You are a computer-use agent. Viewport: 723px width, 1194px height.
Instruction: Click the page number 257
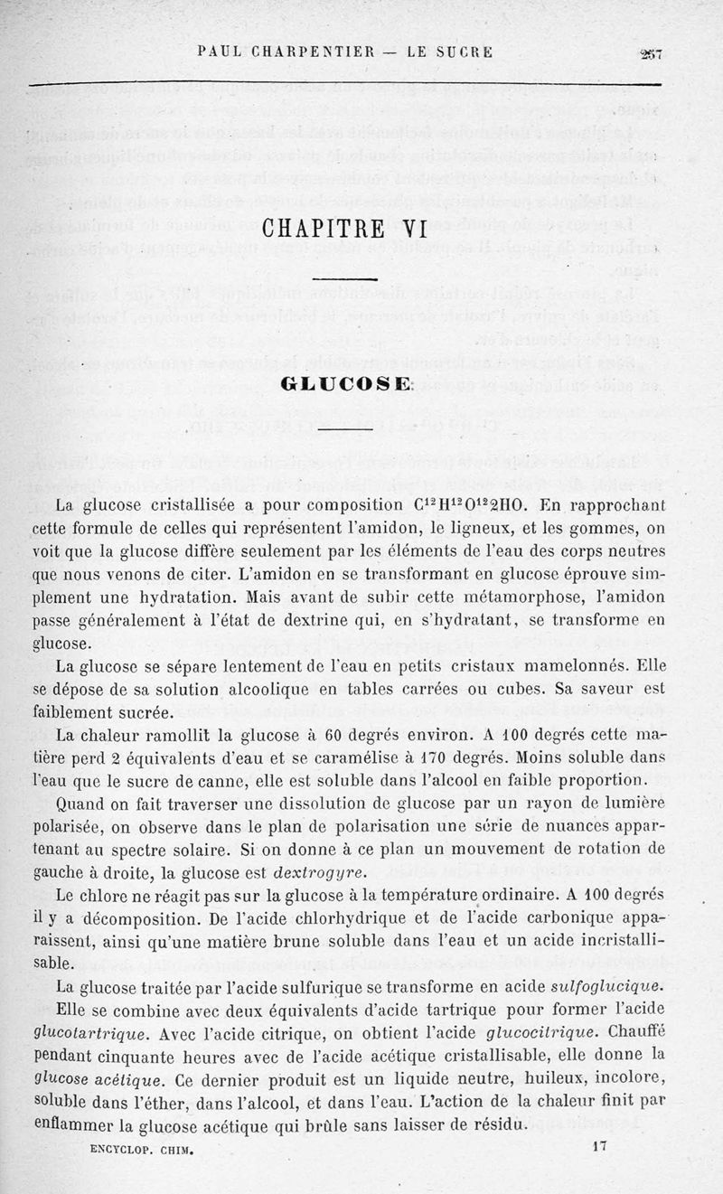[651, 52]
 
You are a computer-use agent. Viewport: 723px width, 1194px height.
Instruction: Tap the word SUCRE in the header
[462, 52]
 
